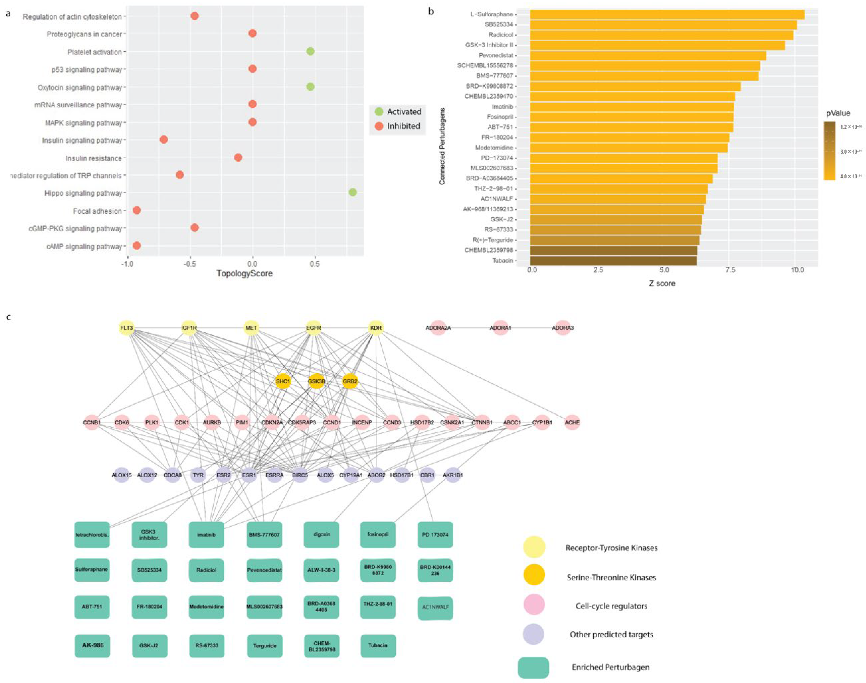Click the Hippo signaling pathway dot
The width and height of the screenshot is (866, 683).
click(352, 192)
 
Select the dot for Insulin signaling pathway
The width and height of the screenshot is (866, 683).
click(163, 139)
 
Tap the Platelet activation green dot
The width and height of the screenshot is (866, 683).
click(310, 51)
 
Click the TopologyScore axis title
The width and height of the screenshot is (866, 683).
click(244, 274)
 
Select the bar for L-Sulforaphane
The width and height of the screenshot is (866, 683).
click(667, 14)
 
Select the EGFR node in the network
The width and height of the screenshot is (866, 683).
click(313, 328)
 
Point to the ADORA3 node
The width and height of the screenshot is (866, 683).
click(562, 328)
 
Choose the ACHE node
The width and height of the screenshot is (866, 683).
click(572, 422)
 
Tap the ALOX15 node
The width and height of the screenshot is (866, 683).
click(121, 475)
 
